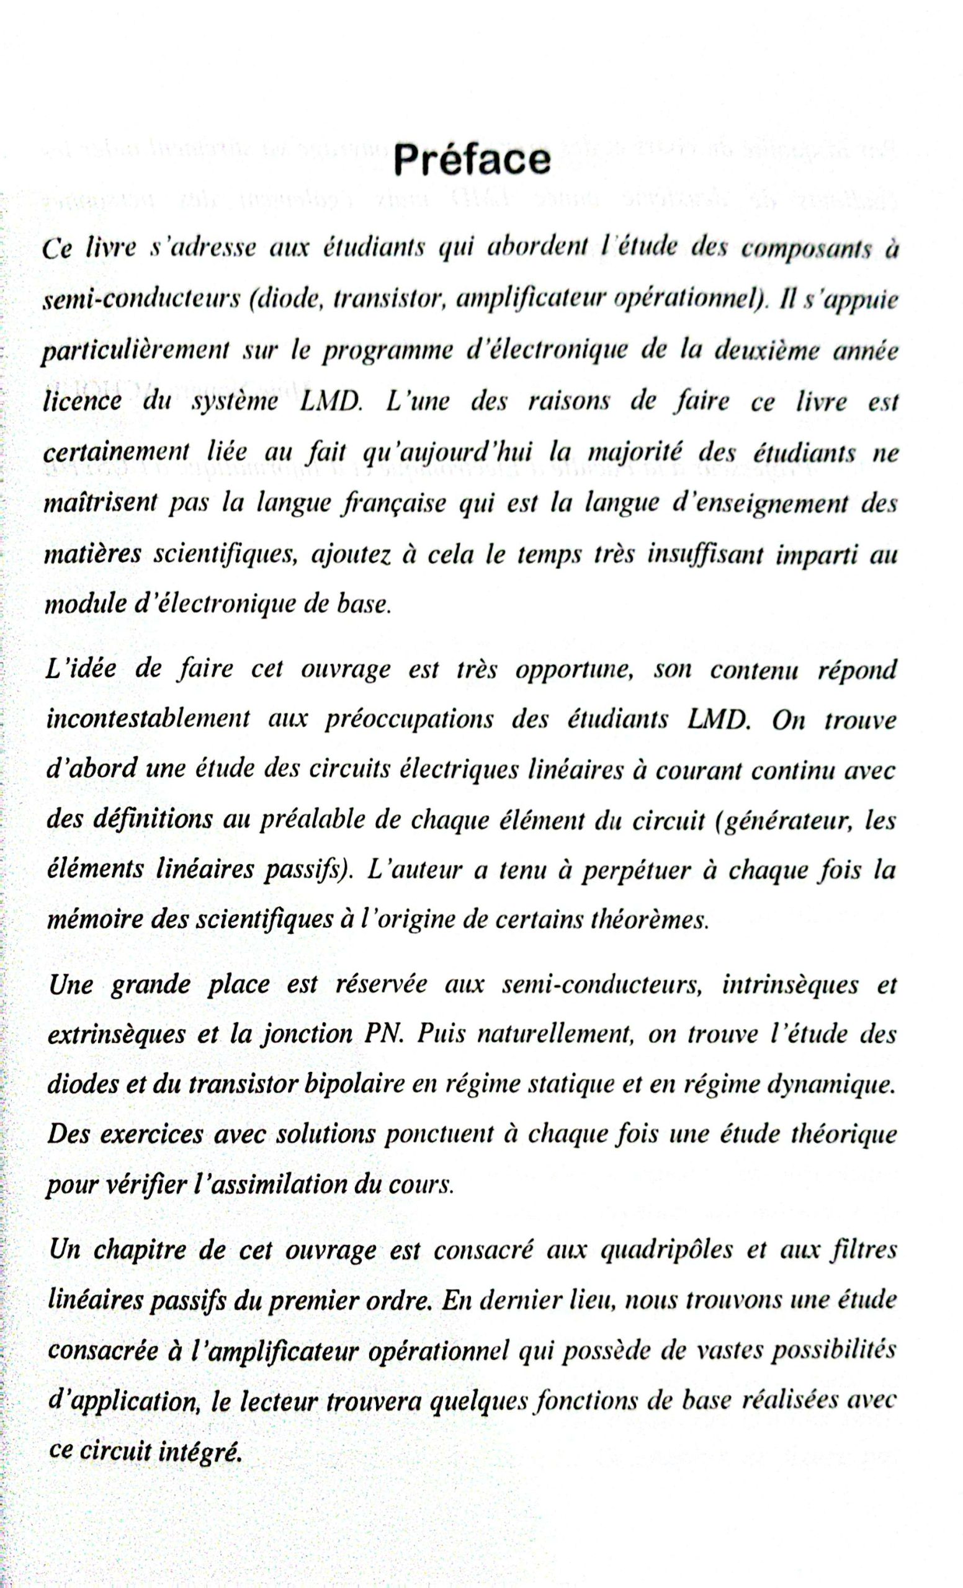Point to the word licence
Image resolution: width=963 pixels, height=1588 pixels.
click(x=82, y=401)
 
